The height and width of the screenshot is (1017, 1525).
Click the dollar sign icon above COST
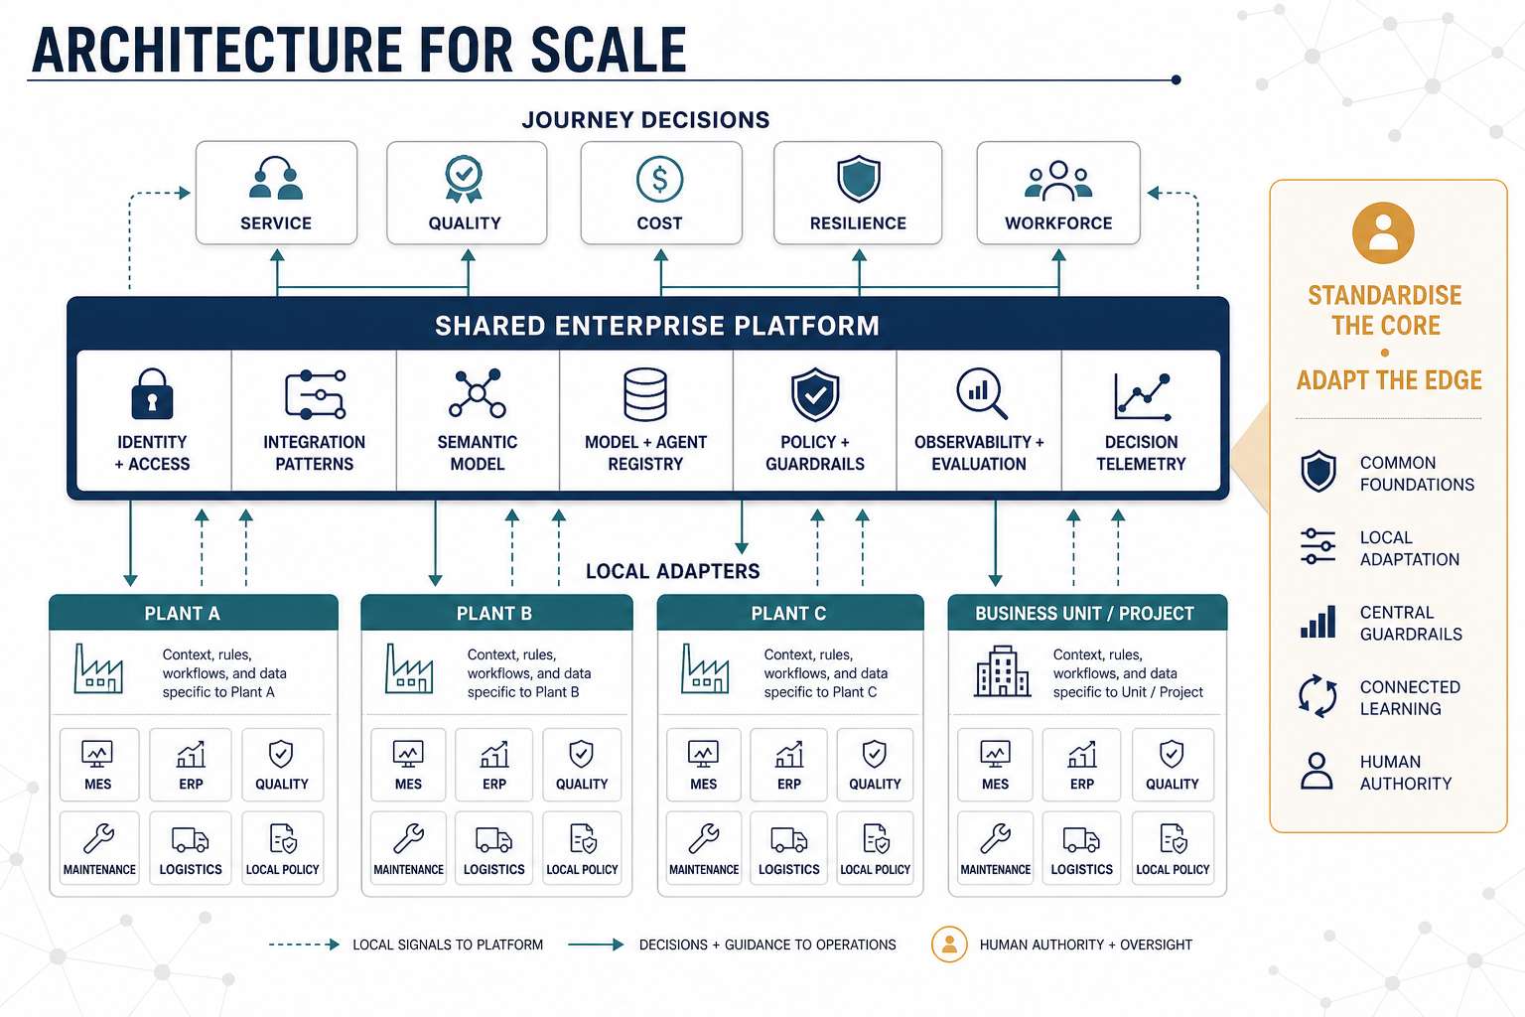tap(659, 179)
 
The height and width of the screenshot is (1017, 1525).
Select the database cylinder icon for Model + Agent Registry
tap(644, 394)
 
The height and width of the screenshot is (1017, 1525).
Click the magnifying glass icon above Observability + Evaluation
tap(980, 393)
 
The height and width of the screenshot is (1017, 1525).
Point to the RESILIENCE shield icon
tap(859, 179)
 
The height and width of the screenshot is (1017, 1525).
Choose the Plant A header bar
tap(194, 613)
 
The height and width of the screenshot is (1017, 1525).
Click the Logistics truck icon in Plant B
tap(493, 840)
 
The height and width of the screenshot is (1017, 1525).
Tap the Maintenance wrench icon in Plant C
tap(703, 839)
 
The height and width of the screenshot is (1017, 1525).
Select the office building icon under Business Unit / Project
tap(1002, 671)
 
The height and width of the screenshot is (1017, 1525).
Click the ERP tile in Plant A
tap(191, 765)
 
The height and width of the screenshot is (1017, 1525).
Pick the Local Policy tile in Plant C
tap(875, 848)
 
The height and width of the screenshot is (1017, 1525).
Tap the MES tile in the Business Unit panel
tap(995, 765)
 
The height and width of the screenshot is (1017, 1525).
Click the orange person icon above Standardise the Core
tap(1383, 233)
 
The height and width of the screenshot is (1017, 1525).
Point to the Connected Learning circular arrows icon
tap(1317, 696)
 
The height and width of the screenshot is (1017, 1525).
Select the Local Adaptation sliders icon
tap(1317, 547)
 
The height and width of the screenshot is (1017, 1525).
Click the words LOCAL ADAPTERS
tap(672, 571)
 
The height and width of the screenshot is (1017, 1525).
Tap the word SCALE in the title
tap(609, 50)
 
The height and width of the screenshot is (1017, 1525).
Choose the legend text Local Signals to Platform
tap(448, 944)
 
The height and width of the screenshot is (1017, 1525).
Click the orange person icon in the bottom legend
tap(950, 944)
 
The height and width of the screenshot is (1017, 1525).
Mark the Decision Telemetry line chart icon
tap(1143, 395)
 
